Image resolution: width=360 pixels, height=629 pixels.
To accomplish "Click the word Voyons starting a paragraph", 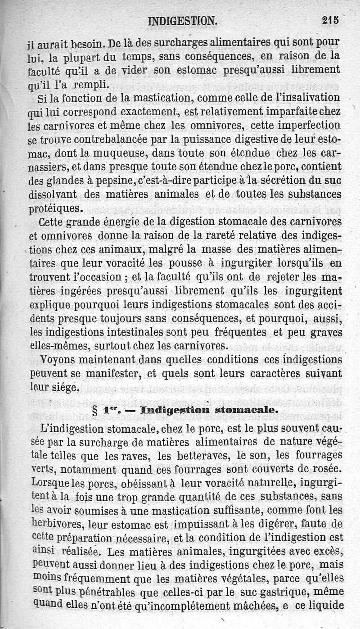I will [x=56, y=361].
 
